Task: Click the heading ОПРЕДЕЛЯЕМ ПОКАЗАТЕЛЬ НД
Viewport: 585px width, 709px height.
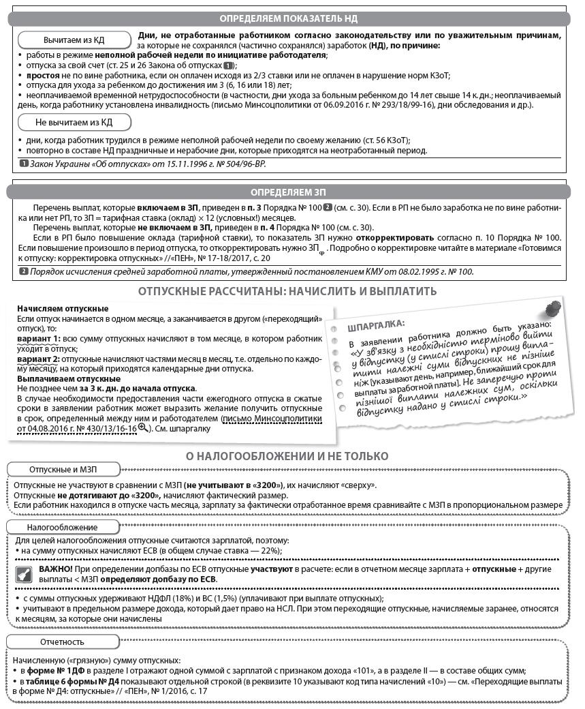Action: click(288, 18)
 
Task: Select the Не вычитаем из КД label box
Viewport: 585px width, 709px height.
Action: click(74, 122)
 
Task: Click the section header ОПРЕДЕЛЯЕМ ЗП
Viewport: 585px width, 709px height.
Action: click(288, 192)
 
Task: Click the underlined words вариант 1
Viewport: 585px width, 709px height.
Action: click(38, 339)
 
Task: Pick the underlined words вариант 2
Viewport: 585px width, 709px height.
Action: click(38, 359)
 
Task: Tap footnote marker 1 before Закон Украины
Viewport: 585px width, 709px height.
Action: click(24, 164)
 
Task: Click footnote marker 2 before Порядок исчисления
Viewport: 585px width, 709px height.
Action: click(24, 271)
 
